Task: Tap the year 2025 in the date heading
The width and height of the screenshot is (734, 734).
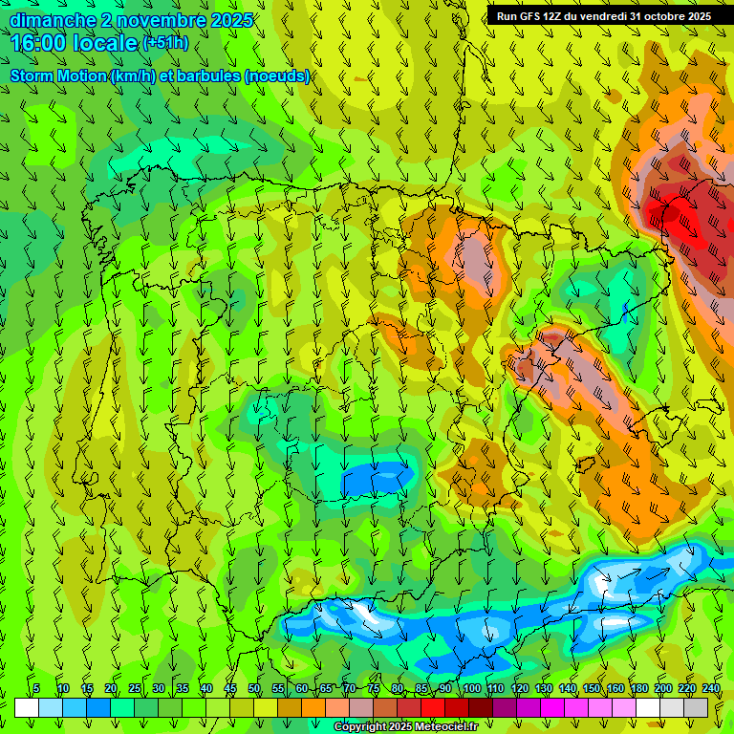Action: (231, 20)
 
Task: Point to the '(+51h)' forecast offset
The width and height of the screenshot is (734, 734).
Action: (165, 43)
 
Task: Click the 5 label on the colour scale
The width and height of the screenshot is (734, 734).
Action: (36, 688)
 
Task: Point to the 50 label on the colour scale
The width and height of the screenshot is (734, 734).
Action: (254, 688)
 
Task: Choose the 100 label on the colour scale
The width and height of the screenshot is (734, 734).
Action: (471, 688)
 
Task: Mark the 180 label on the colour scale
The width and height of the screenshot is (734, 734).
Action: (638, 688)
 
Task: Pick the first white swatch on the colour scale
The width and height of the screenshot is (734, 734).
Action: (27, 707)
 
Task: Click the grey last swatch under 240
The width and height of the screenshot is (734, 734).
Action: (696, 707)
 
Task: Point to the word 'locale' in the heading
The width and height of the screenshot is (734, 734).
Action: (104, 43)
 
